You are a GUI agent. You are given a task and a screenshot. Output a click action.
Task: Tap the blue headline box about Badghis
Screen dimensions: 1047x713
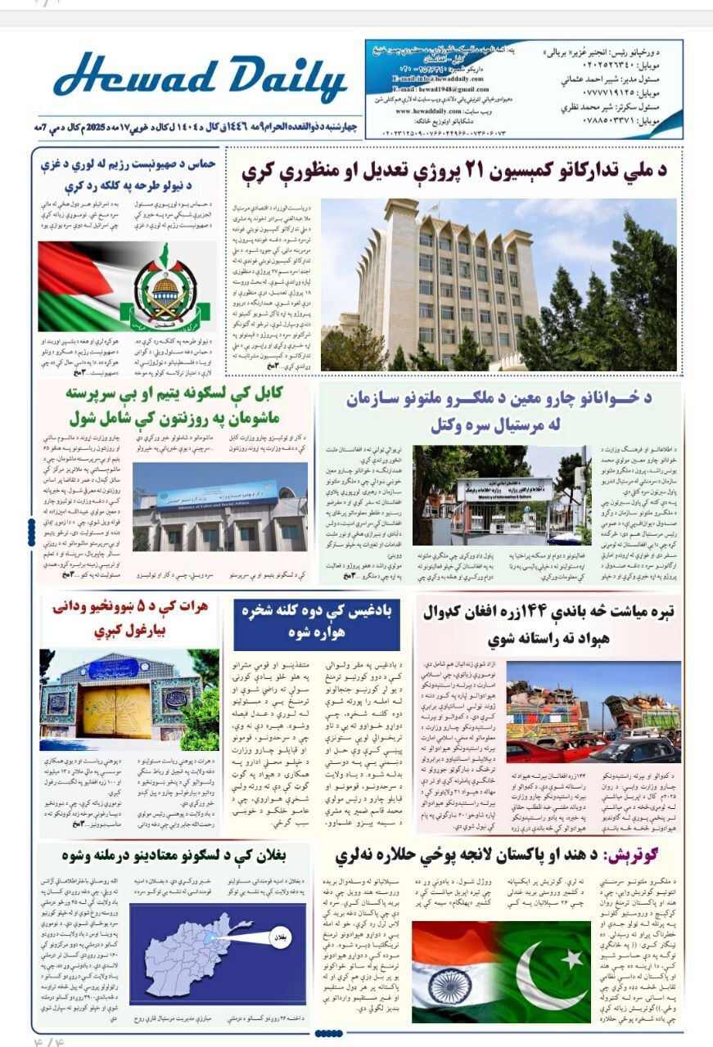[317, 623]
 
